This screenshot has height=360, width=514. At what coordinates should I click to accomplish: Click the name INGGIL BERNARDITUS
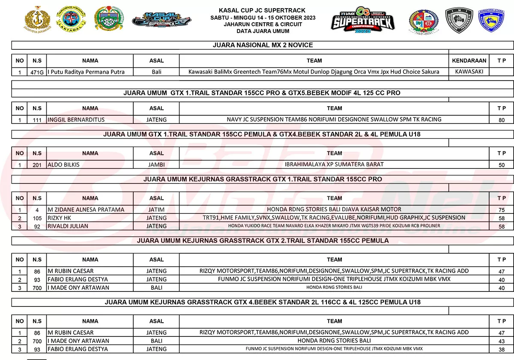[76, 120]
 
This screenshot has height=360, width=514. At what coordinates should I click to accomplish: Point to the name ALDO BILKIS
[64, 165]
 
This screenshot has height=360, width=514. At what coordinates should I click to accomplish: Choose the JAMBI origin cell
[156, 165]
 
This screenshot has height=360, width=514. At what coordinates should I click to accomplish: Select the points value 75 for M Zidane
[502, 210]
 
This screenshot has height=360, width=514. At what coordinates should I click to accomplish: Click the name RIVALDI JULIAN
[68, 226]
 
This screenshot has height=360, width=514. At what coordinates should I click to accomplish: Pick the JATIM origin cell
[156, 210]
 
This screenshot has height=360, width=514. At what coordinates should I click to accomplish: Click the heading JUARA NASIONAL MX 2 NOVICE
[263, 45]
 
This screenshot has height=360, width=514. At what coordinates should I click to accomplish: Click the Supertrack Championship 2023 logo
[362, 21]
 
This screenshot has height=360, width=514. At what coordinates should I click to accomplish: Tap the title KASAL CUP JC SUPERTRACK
[263, 10]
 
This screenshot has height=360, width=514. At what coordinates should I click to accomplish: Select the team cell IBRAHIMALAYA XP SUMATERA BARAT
[334, 164]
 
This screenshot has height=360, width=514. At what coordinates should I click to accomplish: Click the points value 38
[502, 349]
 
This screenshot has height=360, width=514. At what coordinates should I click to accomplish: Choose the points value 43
[502, 341]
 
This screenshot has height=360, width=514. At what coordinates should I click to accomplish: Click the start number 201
[37, 165]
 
